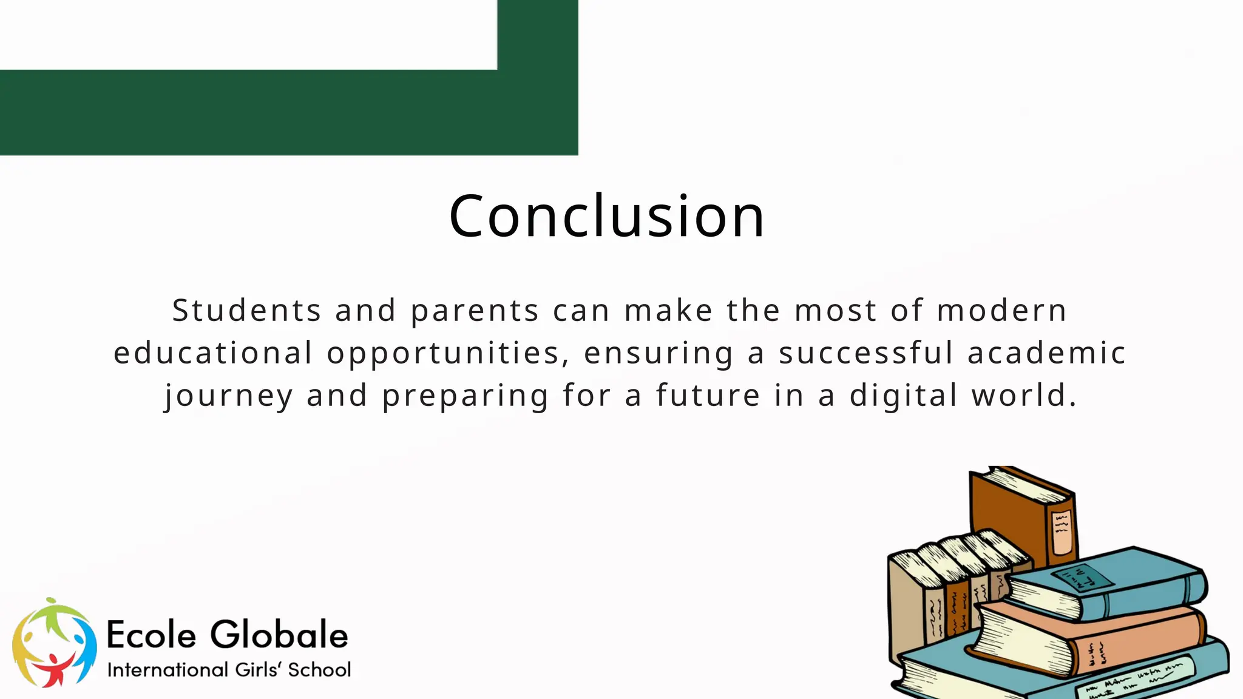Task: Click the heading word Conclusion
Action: (606, 217)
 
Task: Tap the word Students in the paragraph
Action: (246, 311)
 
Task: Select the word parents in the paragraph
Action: (475, 311)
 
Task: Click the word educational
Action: (213, 353)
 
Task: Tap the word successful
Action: (866, 353)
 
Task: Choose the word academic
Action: (1046, 353)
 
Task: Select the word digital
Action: (903, 396)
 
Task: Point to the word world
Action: (1024, 396)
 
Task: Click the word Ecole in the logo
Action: (152, 635)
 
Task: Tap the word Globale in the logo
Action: (279, 635)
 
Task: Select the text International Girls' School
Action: (229, 670)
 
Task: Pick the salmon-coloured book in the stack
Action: (1092, 637)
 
